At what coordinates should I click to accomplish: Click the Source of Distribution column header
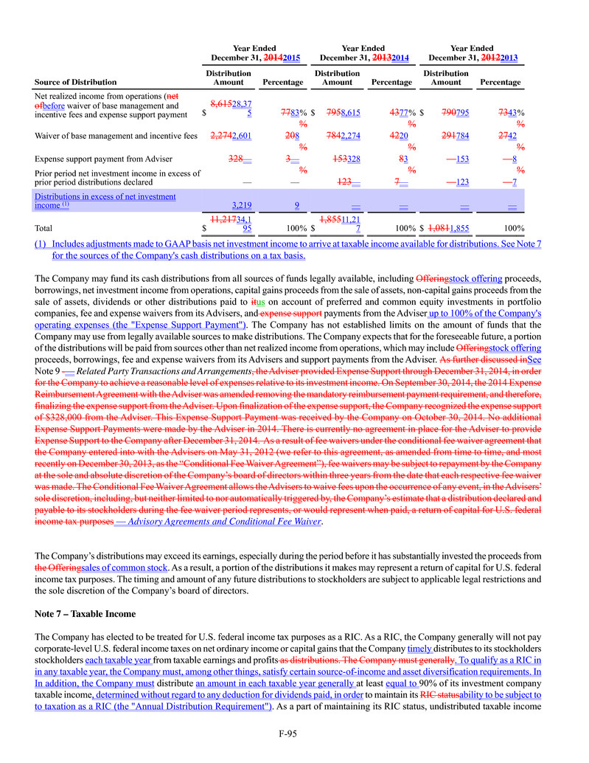click(76, 82)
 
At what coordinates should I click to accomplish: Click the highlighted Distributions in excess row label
click(105, 201)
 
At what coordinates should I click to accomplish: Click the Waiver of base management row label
click(116, 135)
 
